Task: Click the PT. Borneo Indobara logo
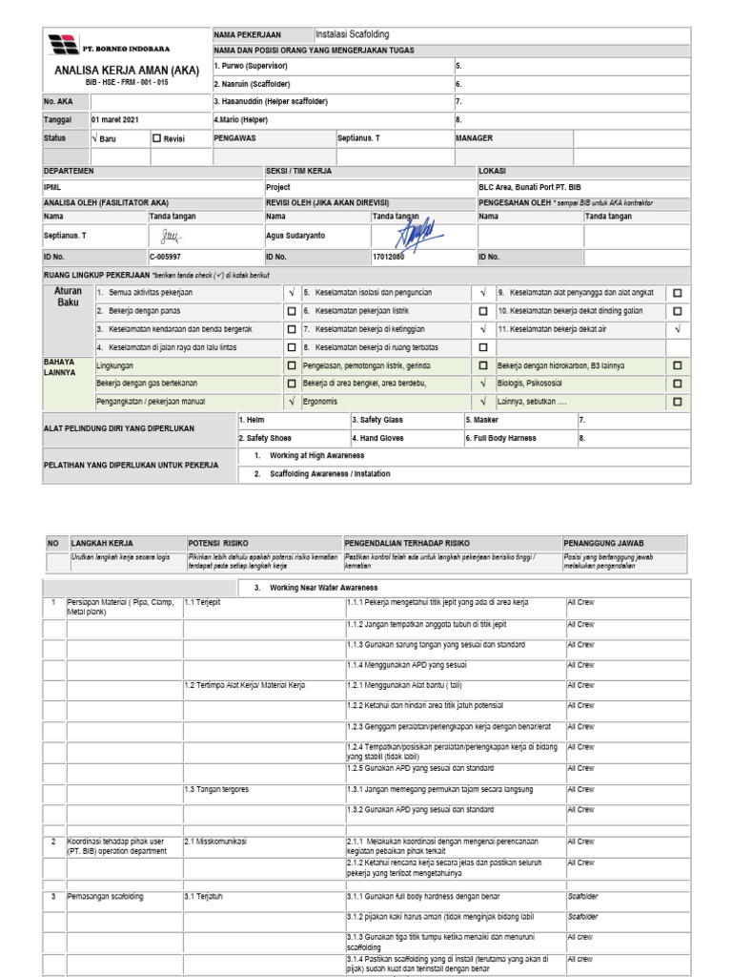[x=63, y=44]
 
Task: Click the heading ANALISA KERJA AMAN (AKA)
[x=126, y=71]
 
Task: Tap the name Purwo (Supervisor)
[x=250, y=66]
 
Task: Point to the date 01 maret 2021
[x=115, y=120]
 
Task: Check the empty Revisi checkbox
[x=157, y=138]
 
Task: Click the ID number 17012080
[x=388, y=257]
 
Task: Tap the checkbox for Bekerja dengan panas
[x=292, y=311]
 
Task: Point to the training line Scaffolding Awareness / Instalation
[x=329, y=473]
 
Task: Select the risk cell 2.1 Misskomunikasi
[x=216, y=841]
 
